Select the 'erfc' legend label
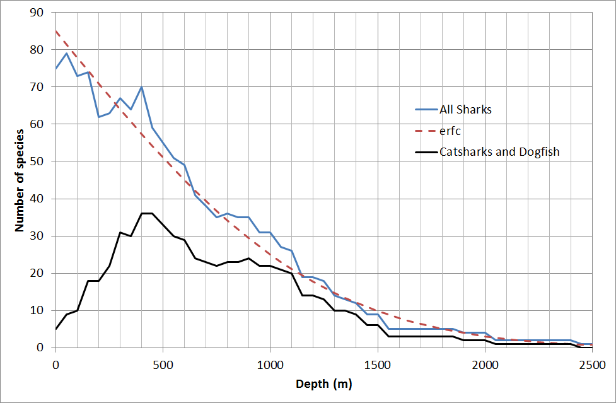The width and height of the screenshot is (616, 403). (451, 131)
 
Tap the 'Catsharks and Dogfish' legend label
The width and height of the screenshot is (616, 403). (499, 151)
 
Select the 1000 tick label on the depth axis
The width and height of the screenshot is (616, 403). (270, 364)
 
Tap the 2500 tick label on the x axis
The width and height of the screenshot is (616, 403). (591, 364)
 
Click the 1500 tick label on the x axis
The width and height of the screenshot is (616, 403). (377, 364)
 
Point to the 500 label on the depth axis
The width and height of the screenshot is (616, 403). (163, 364)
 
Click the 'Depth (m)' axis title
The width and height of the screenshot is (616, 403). (324, 384)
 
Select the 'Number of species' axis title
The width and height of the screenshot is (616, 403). (20, 180)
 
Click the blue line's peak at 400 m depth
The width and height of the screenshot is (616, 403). (142, 87)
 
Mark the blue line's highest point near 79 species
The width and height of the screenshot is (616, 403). (66, 53)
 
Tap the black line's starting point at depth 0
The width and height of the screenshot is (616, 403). (56, 329)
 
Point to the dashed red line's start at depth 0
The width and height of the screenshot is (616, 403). (56, 31)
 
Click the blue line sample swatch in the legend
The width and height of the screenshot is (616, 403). (427, 109)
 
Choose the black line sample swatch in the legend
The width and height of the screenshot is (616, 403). (427, 151)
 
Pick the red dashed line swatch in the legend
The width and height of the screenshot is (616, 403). (427, 131)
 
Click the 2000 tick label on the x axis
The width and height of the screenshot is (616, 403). (484, 364)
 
